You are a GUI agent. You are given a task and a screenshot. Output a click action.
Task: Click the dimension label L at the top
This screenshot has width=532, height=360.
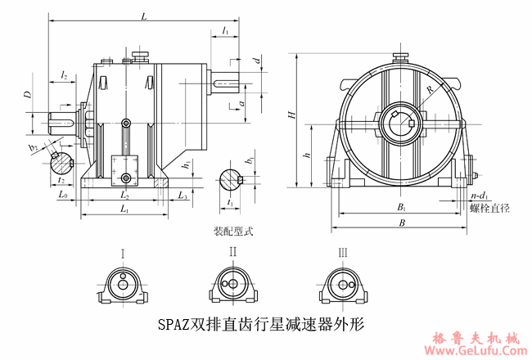point(144,16)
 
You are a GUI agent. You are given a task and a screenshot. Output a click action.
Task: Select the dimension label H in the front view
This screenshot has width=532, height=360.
point(291,115)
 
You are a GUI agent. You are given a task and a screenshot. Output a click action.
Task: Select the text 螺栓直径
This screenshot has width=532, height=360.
point(489,209)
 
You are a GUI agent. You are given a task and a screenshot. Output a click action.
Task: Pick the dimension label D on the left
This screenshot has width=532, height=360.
point(27,96)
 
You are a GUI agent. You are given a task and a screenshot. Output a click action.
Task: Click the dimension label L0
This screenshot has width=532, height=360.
point(63,195)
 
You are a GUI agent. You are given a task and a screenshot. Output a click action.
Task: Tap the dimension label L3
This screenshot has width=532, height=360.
point(183,196)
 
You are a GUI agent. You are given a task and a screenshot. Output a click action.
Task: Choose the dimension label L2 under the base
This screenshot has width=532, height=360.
point(125,196)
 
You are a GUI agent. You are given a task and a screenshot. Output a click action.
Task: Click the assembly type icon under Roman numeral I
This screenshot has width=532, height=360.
point(123,286)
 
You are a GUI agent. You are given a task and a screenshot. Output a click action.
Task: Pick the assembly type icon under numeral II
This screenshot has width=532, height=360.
point(233,286)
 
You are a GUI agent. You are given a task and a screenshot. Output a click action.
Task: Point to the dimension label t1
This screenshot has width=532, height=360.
point(231,201)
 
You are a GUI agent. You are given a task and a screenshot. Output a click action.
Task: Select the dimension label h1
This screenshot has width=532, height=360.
point(186,165)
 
